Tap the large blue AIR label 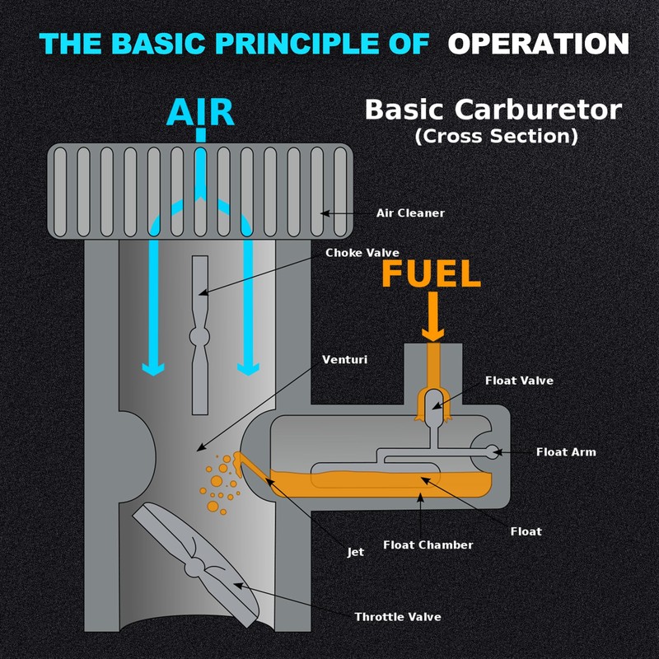tap(200, 113)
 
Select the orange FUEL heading tap(431, 274)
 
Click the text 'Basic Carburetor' tap(493, 110)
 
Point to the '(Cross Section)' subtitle tap(496, 136)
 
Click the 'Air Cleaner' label tap(410, 213)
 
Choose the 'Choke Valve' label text tap(362, 253)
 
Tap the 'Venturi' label tap(345, 360)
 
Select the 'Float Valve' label tap(519, 381)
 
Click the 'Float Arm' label tap(566, 452)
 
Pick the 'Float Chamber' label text tap(428, 545)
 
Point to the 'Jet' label tap(355, 552)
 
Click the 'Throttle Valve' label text tap(398, 617)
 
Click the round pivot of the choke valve tap(200, 336)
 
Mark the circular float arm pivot tap(493, 451)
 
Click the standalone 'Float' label tap(526, 531)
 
